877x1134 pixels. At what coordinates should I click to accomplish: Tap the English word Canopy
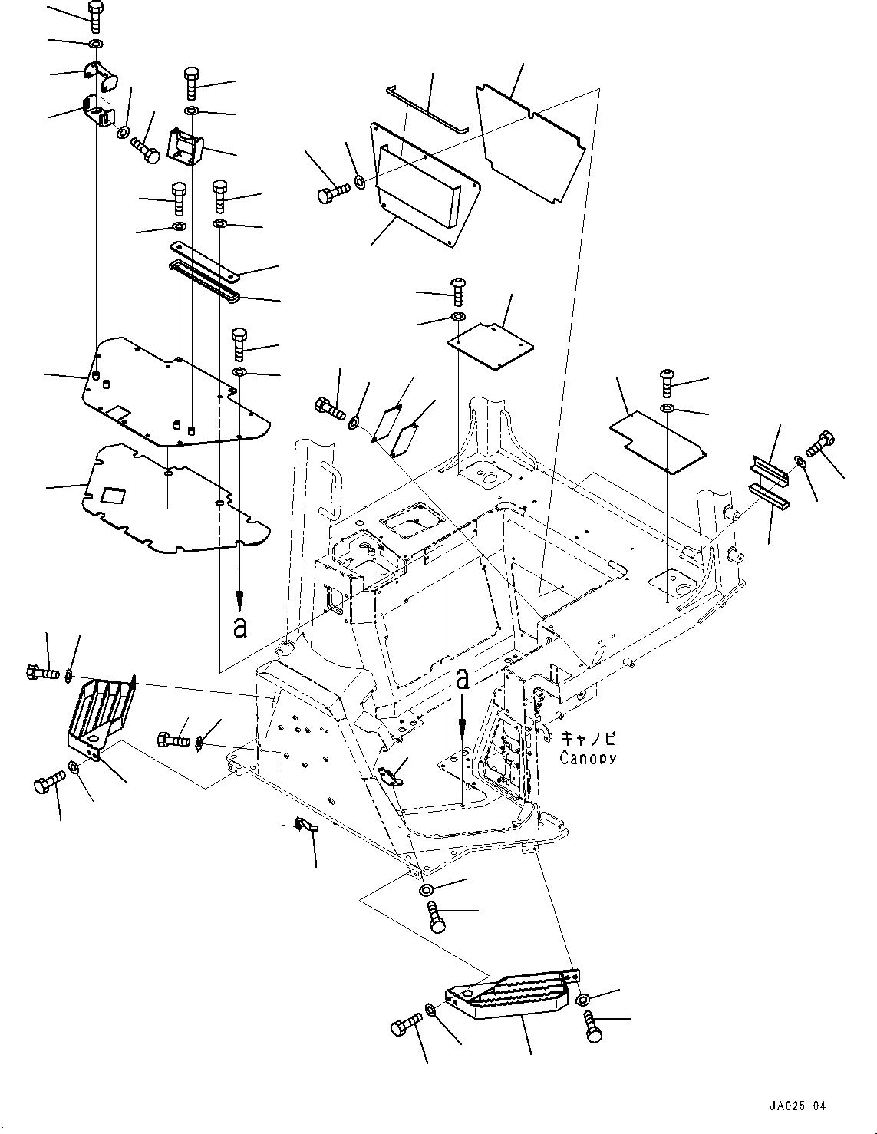588,758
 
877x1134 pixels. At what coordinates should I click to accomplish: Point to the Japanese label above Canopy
589,738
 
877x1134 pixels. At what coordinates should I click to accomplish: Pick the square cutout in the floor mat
113,496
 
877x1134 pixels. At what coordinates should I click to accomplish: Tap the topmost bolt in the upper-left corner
95,17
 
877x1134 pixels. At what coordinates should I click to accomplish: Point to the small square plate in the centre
490,346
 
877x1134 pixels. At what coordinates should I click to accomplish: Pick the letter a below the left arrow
240,628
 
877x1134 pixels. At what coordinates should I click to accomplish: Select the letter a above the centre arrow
462,680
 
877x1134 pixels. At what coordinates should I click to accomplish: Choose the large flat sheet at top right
531,143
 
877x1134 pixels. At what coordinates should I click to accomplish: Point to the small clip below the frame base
305,825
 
